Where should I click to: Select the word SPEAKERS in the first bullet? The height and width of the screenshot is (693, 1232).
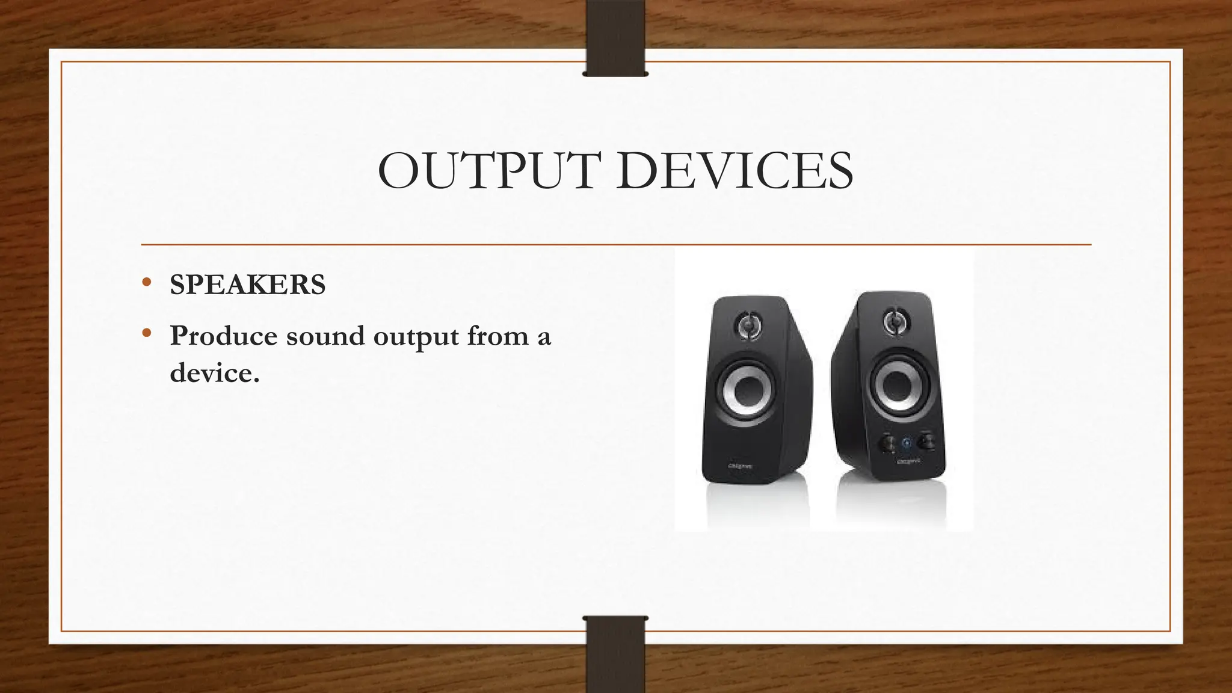click(x=247, y=285)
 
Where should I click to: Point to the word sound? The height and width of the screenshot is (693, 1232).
click(x=325, y=336)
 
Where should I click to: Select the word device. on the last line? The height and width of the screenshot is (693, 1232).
click(x=214, y=373)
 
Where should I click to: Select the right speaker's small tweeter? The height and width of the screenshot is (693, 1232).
click(x=895, y=321)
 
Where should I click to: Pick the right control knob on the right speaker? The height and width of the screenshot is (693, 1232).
click(x=925, y=443)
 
